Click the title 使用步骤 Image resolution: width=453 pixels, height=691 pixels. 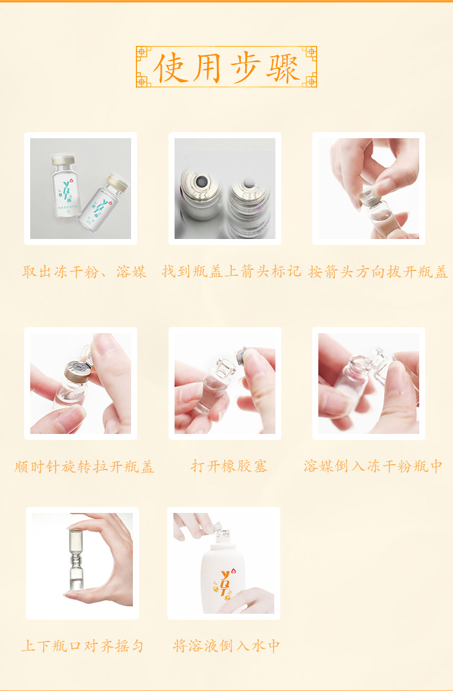(x=226, y=68)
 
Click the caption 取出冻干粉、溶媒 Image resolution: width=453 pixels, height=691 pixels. (x=85, y=272)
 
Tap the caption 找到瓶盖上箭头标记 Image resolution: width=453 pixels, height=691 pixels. (x=231, y=272)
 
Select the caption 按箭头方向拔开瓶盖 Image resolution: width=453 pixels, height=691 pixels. (x=378, y=272)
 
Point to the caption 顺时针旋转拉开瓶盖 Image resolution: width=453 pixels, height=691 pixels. (x=85, y=467)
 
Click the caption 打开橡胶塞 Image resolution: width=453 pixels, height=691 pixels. (x=230, y=466)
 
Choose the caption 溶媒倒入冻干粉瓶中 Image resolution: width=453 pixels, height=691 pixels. (x=373, y=466)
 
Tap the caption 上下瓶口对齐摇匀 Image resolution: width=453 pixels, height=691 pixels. (x=83, y=646)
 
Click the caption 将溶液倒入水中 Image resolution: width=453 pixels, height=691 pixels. (x=227, y=646)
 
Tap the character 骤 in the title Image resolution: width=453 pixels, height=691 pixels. (x=283, y=68)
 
